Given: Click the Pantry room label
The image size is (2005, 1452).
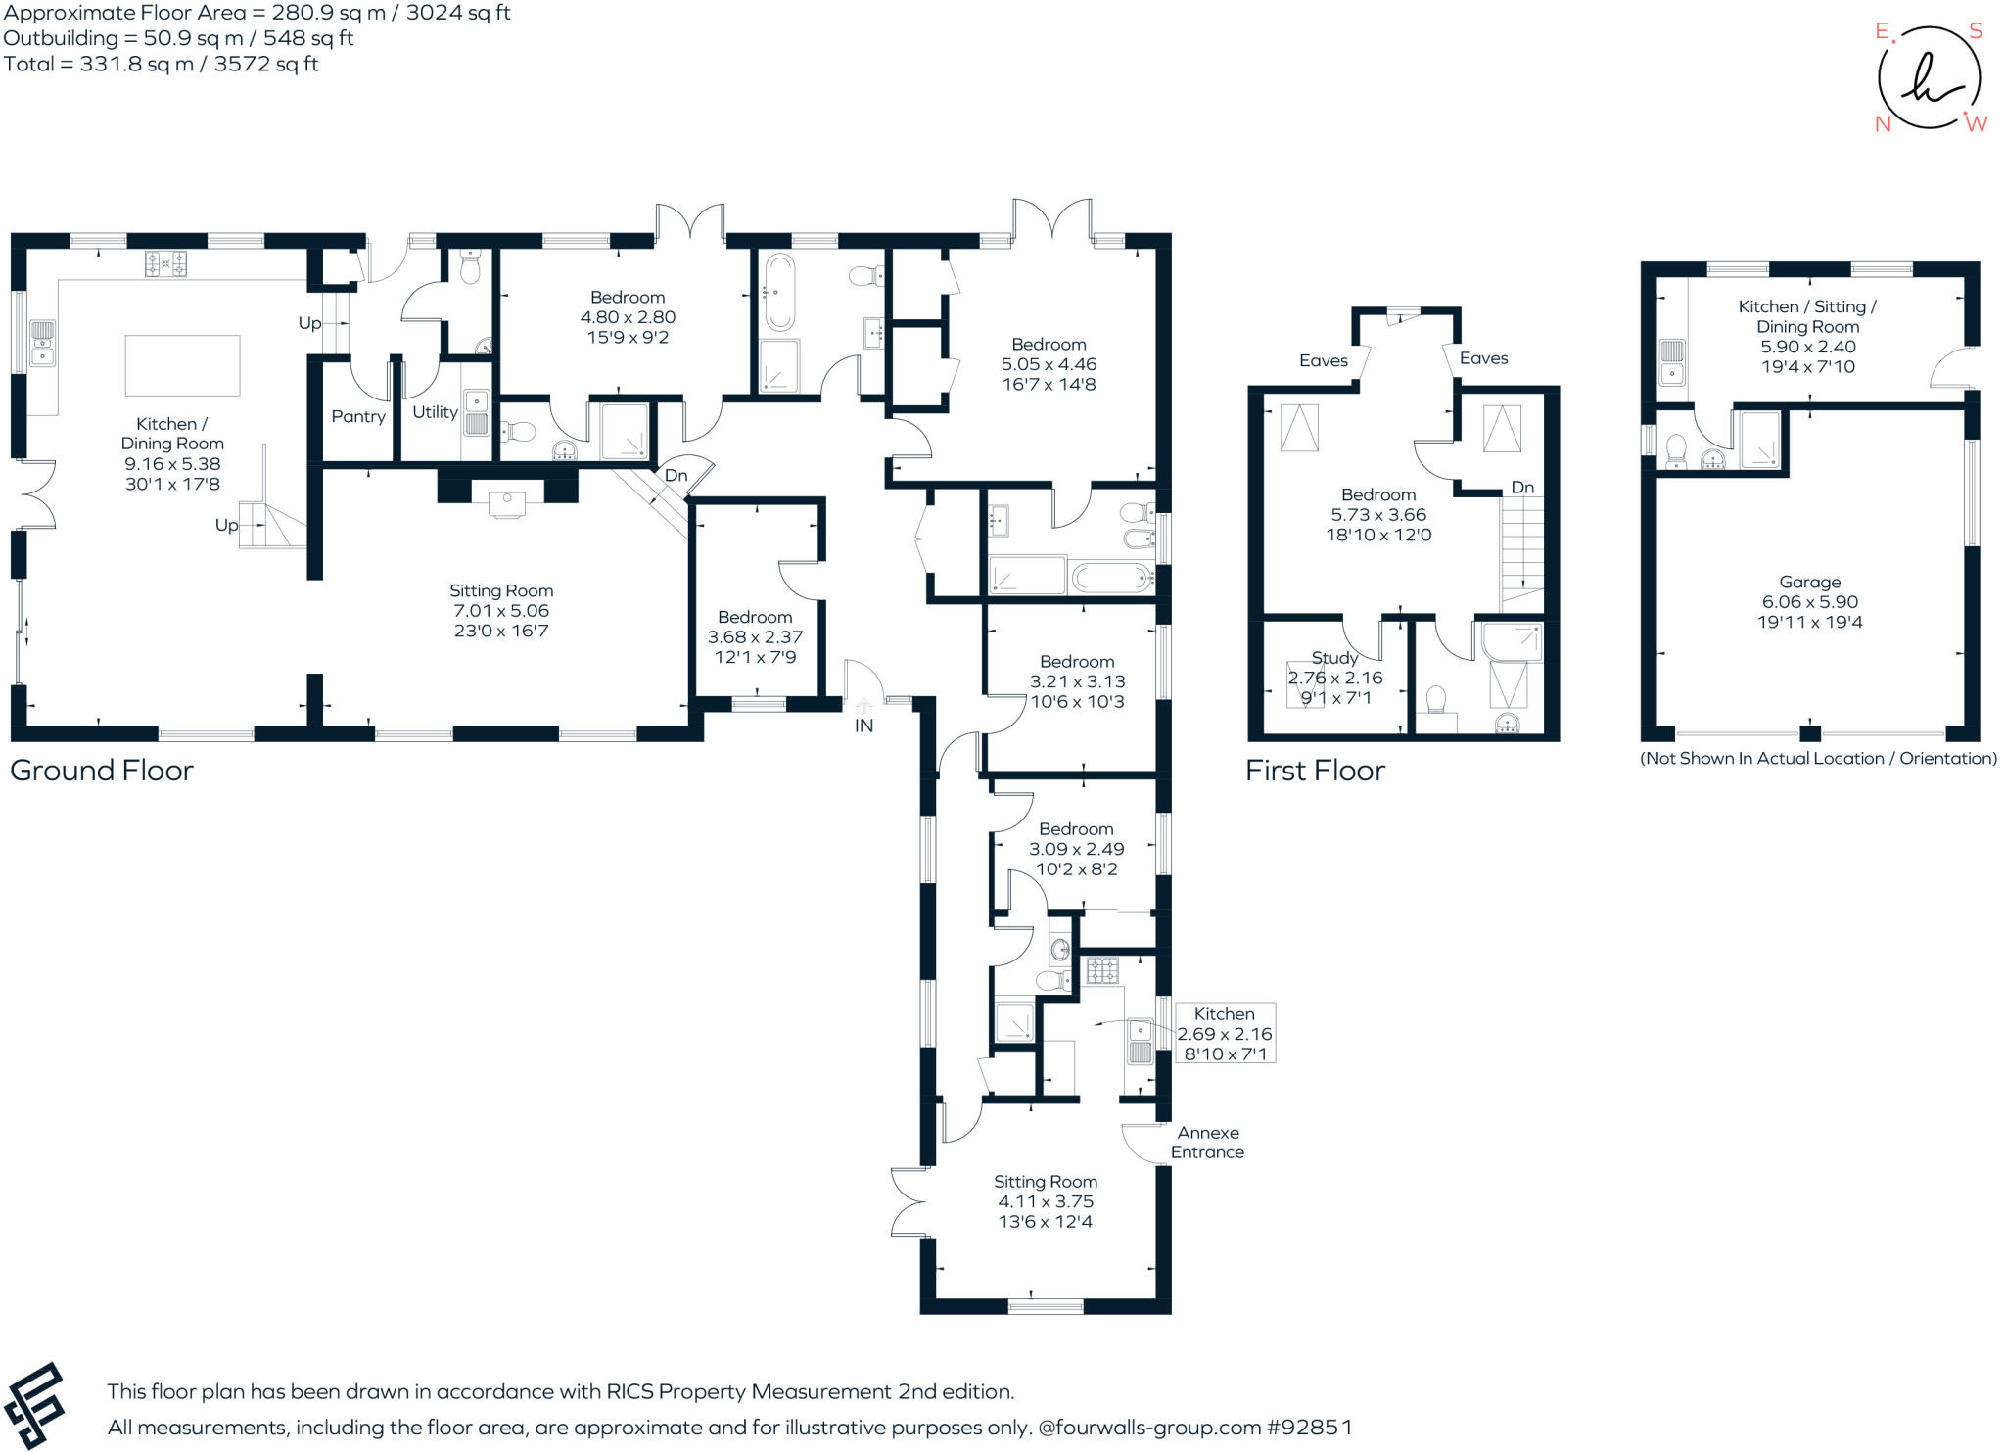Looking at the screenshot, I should pos(358,416).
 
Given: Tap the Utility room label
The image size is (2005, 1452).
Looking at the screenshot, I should pos(435,412).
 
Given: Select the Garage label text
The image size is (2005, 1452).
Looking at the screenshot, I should pos(1809,582).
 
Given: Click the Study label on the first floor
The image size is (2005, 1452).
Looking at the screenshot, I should pos(1334,658).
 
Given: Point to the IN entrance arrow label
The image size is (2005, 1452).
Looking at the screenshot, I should pos(863,726).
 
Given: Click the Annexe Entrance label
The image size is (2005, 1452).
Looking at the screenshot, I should pos(1207,1143).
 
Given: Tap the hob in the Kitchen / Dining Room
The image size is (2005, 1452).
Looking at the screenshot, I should pos(165,263).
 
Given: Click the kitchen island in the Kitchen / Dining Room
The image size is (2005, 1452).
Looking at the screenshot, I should pos(182,365).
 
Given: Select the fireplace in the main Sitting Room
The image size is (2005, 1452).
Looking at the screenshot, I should pos(506,499).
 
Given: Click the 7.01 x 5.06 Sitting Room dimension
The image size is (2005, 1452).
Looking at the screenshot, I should pos(500,611).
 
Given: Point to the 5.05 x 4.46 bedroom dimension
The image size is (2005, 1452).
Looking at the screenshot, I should pos(1049,364).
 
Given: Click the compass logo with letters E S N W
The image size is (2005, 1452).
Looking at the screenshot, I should pos(1928,78).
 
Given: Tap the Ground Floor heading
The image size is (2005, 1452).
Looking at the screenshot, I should pos(102,771).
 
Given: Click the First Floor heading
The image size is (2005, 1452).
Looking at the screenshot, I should pos(1315,771).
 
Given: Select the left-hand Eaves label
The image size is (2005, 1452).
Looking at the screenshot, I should pos(1323,360).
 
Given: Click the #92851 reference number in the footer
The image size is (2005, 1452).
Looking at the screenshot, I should pos(1309,1428).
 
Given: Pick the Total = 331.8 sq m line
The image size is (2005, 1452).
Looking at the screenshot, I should pos(162,65).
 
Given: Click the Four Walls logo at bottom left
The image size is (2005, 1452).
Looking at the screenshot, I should pos(34,1406).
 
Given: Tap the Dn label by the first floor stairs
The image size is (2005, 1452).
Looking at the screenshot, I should pos(1522,488).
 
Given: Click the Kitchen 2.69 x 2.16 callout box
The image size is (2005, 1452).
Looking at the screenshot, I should pos(1224,1033).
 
